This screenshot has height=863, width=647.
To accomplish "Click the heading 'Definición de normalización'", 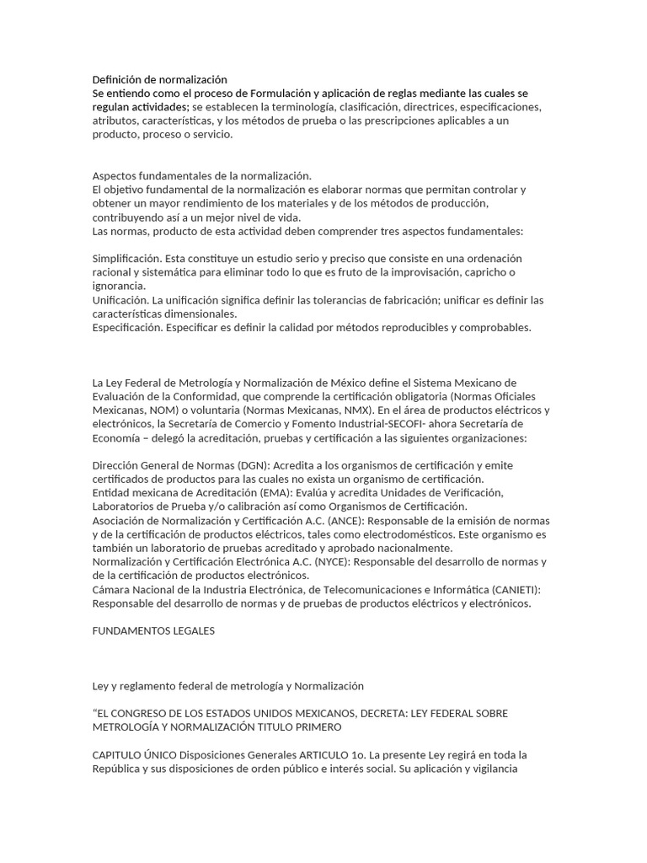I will [x=160, y=79].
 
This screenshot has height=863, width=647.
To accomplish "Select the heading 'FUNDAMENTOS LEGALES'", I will [x=153, y=630].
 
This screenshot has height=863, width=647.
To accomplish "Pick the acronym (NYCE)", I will [x=334, y=561].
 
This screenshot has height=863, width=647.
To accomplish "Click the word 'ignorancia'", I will [x=119, y=286].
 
